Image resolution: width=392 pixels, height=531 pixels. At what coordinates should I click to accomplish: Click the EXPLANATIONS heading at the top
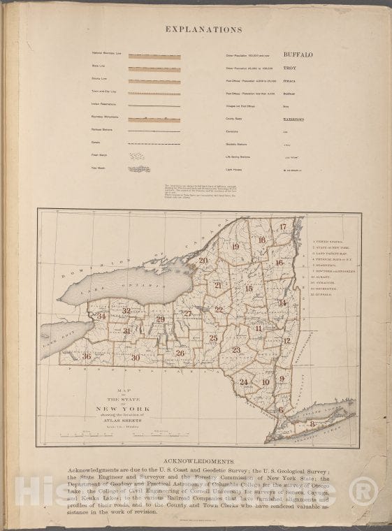pos(204,30)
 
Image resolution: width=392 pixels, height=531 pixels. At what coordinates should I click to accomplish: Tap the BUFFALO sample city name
pos(298,54)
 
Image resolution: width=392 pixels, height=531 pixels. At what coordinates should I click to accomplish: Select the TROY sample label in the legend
pos(289,68)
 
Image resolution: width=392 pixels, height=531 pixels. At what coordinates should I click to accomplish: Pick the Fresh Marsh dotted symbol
pos(138,156)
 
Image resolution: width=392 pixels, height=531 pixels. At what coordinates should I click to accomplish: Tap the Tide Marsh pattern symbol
pos(139,169)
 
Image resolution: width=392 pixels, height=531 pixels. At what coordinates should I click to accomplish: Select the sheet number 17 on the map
pos(283,227)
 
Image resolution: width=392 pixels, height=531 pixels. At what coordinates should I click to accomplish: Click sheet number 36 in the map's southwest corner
pos(87,356)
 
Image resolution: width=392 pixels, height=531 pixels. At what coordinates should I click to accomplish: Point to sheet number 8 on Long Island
pos(312,423)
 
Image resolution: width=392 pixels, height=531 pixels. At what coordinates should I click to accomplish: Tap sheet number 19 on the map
pos(235,247)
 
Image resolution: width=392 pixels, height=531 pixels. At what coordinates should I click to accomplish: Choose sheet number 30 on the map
pos(136,358)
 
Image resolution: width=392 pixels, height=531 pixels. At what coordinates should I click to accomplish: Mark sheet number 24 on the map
pos(244,381)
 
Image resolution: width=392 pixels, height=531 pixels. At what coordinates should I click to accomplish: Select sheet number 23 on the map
pos(236,349)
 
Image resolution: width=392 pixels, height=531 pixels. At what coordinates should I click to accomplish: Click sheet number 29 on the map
pos(160,319)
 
